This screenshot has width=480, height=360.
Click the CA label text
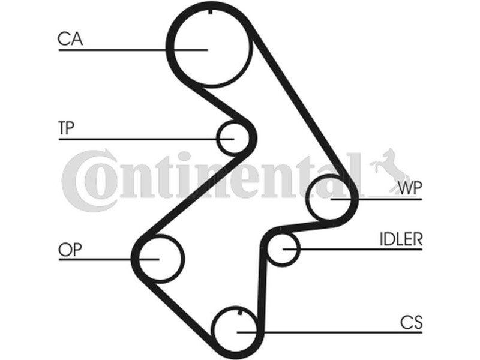[70, 39]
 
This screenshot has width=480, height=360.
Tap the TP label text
[68, 128]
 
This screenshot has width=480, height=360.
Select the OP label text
[70, 249]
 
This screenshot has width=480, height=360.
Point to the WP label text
[410, 188]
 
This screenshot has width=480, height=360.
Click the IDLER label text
[401, 239]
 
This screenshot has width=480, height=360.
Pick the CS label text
[411, 322]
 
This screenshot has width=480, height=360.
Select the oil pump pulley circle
[159, 258]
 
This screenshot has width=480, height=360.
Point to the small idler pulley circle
[282, 248]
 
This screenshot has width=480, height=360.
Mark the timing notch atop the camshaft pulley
[209, 11]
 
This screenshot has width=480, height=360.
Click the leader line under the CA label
[120, 49]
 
